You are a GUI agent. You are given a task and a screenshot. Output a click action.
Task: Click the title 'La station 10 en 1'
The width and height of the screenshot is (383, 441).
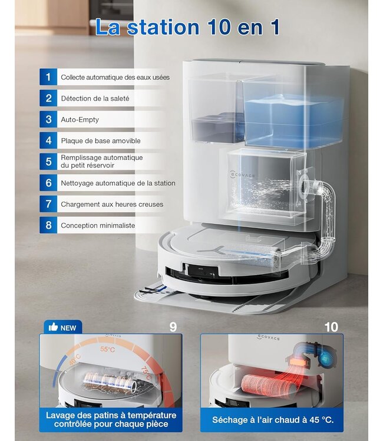coord(187,27)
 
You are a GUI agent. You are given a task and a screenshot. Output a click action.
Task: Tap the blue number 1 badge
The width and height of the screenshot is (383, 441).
coord(48,77)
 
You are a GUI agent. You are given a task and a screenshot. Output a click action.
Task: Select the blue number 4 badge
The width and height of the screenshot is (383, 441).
coord(48,141)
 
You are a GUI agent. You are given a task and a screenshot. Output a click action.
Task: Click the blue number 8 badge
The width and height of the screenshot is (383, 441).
coord(48,225)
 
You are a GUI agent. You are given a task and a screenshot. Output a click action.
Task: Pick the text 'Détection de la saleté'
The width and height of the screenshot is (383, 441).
coord(95,98)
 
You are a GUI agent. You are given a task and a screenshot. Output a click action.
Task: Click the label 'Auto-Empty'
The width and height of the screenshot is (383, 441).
coord(80,119)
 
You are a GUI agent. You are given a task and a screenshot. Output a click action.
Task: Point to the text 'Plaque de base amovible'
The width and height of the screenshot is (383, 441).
coord(101,141)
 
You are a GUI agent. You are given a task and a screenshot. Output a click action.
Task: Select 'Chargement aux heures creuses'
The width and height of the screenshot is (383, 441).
coord(112,204)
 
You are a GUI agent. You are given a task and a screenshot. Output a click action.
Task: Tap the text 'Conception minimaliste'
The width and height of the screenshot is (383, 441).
coord(98,225)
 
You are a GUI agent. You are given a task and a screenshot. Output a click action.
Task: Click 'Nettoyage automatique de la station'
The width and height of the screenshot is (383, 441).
coord(118,183)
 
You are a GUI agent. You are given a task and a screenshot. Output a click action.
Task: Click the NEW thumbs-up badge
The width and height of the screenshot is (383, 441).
coord(62,328)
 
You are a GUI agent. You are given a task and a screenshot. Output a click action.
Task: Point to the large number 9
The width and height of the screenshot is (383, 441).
coord(173,327)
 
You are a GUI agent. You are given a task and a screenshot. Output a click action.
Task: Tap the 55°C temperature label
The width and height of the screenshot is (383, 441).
coord(107,349)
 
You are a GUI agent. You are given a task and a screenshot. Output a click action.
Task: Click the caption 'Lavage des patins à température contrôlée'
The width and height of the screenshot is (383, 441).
coord(111,419)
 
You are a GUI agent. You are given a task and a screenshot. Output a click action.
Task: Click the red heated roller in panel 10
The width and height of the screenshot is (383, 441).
coord(268,385)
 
